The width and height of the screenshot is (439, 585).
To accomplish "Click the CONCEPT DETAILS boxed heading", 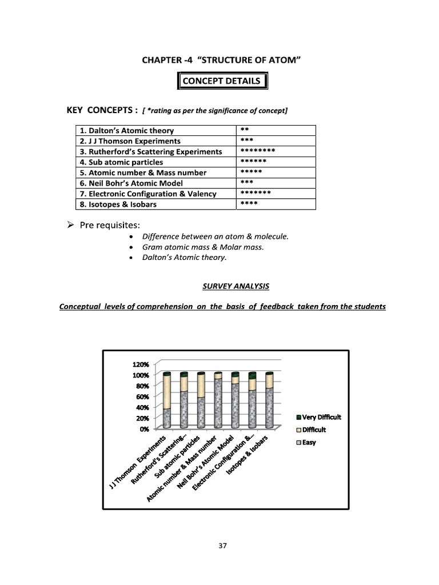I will point(221,81).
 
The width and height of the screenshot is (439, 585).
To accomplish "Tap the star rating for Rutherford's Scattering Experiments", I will point(258,151).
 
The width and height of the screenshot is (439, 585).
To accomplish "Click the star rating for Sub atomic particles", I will point(254,162).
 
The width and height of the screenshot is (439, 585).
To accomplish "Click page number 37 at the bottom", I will point(223,546).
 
